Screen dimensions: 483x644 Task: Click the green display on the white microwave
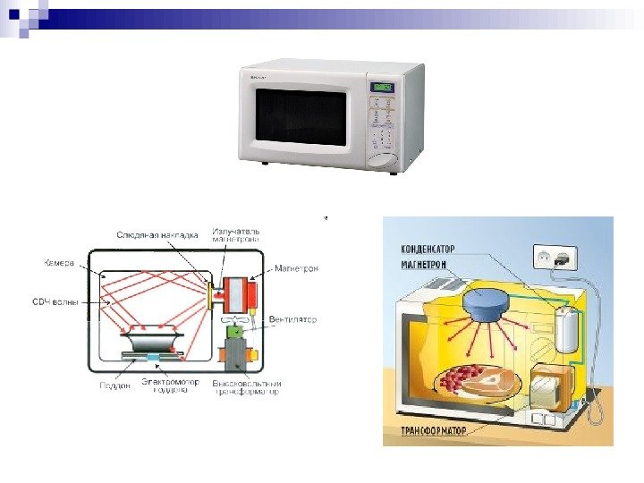[x=383, y=87]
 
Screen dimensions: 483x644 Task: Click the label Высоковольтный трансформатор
[x=246, y=386]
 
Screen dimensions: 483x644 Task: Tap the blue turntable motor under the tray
[x=153, y=358]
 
